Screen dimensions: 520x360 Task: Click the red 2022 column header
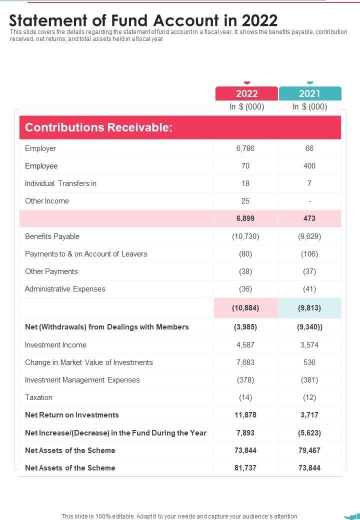(x=246, y=93)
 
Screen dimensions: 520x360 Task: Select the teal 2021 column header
(x=309, y=93)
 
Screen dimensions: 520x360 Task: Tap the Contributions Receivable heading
(x=99, y=127)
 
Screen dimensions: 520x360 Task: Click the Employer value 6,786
(x=245, y=148)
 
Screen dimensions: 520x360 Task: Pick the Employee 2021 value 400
(x=309, y=166)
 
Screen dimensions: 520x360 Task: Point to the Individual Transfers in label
(x=60, y=183)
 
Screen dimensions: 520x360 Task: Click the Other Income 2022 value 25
(x=245, y=201)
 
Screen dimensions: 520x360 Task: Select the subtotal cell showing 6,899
(x=245, y=218)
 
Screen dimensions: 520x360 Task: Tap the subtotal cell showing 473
(x=309, y=218)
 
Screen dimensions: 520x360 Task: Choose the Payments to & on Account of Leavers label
(x=86, y=254)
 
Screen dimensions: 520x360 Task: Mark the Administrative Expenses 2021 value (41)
(x=309, y=289)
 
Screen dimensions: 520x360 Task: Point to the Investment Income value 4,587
(x=245, y=345)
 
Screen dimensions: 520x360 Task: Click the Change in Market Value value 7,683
(x=245, y=362)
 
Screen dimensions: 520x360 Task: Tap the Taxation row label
(x=38, y=397)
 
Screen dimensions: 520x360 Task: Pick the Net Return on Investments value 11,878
(x=245, y=415)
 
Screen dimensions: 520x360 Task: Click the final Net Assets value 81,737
(x=245, y=468)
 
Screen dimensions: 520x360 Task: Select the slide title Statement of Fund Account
(x=143, y=20)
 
